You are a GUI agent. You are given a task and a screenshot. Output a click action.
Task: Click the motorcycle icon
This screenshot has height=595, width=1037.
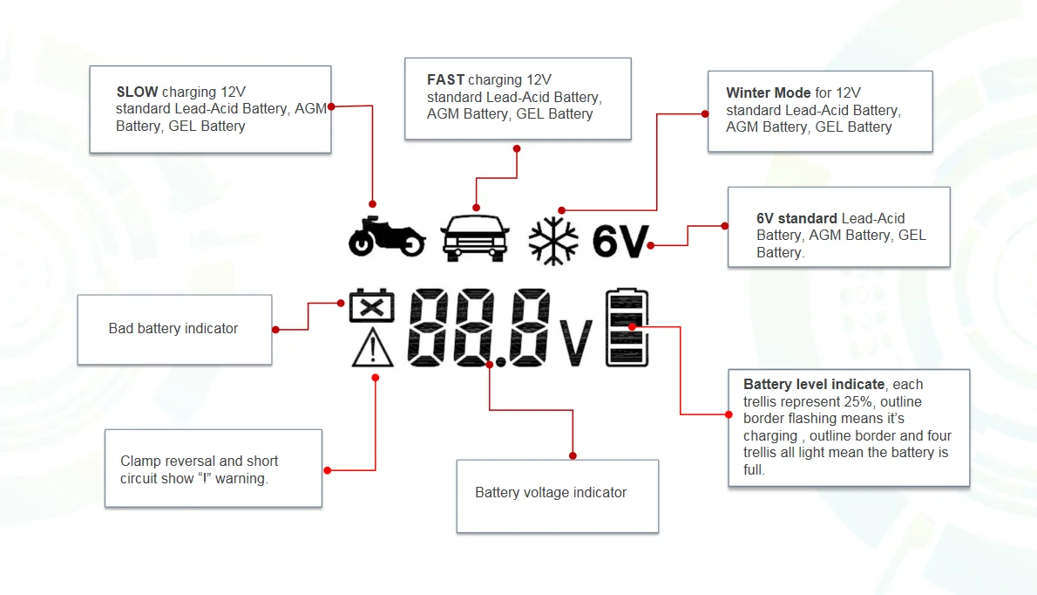pos(386,236)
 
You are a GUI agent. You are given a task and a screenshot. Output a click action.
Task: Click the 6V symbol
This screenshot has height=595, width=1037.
pos(620,242)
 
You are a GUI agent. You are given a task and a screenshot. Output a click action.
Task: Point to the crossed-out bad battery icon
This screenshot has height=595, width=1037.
pos(371,308)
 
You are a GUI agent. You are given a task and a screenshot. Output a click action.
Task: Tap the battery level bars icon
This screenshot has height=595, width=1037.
pos(627,327)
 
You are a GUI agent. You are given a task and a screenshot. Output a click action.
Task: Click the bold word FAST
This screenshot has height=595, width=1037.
pos(445,80)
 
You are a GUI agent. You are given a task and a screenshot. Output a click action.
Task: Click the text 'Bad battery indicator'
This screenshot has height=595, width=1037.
pos(173,329)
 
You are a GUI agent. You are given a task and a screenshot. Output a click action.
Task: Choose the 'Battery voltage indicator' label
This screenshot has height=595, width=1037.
pos(551,493)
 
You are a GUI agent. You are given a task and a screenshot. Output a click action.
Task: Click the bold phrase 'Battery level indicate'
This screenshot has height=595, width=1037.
pos(814,385)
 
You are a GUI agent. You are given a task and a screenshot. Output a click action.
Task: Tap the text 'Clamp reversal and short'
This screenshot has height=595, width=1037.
pos(200,462)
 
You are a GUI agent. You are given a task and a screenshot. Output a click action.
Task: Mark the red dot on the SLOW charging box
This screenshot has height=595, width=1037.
pos(331,106)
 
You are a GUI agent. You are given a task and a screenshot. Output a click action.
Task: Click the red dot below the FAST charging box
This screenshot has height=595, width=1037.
pos(517,148)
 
